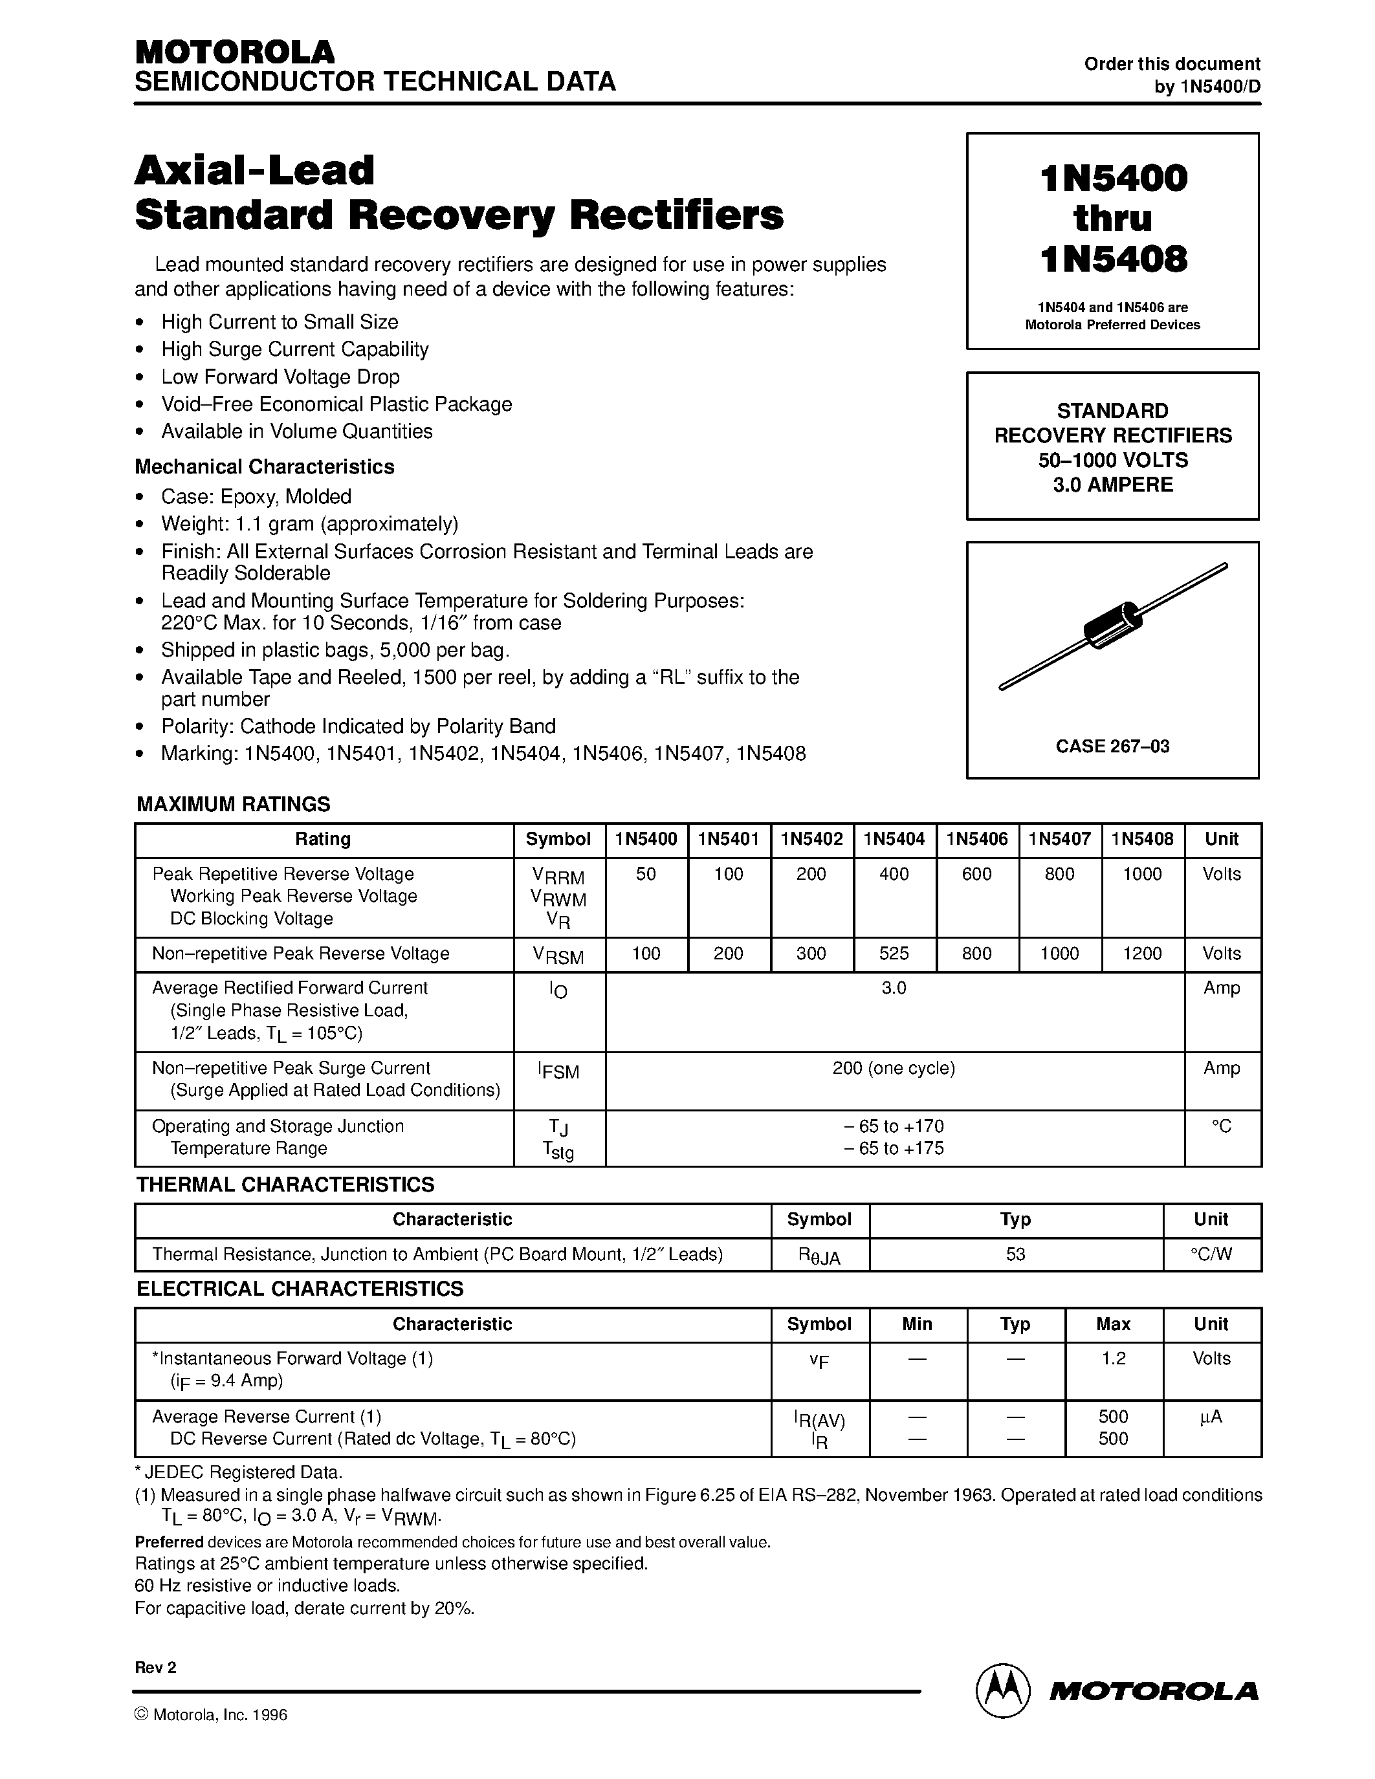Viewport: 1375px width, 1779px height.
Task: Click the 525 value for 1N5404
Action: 894,953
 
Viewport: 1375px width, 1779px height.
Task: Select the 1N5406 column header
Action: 976,839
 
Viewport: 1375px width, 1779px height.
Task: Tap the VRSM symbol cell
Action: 559,955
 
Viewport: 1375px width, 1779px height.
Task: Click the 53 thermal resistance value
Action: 1015,1254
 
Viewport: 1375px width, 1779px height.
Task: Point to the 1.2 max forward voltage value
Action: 1113,1358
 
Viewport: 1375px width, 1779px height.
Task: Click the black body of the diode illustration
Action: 1113,625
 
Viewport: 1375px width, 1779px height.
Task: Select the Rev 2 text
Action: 155,1667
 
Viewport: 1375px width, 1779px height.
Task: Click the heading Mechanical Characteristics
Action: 264,466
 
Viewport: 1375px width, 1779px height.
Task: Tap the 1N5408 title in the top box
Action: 1113,259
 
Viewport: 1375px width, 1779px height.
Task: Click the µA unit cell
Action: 1211,1417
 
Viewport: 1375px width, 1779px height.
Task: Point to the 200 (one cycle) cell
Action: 894,1068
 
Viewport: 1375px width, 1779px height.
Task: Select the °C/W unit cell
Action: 1211,1254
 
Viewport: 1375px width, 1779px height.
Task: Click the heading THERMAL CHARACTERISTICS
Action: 285,1185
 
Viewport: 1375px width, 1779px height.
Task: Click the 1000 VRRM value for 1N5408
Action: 1142,874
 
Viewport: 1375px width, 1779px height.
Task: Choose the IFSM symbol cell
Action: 559,1071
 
